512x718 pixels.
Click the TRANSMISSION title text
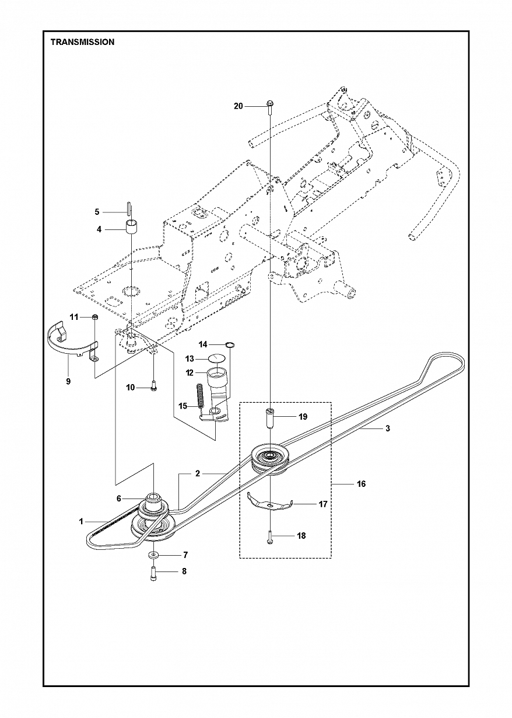[x=82, y=42]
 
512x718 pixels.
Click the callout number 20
[x=238, y=106]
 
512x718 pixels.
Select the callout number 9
[x=68, y=381]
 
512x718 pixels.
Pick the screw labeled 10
[x=153, y=386]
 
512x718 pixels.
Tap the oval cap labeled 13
[x=216, y=358]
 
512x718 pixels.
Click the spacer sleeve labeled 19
[x=269, y=418]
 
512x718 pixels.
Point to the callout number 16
[x=361, y=484]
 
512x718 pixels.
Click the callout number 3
[x=387, y=428]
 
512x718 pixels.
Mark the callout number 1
[x=81, y=521]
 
